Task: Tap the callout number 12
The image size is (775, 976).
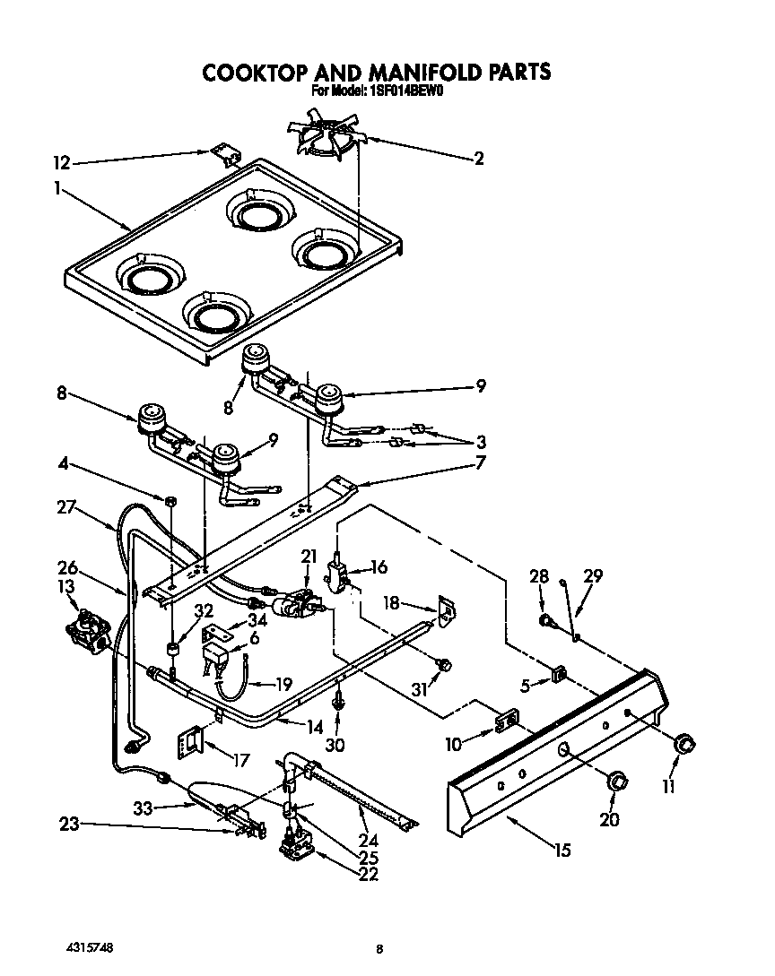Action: [x=61, y=162]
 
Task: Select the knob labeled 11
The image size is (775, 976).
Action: [x=686, y=743]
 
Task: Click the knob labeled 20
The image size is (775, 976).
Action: [x=615, y=781]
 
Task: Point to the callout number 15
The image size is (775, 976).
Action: [x=562, y=850]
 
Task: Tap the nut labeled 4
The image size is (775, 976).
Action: [x=168, y=498]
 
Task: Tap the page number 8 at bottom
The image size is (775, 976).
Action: [x=380, y=948]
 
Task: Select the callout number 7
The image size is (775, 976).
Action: [x=480, y=463]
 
